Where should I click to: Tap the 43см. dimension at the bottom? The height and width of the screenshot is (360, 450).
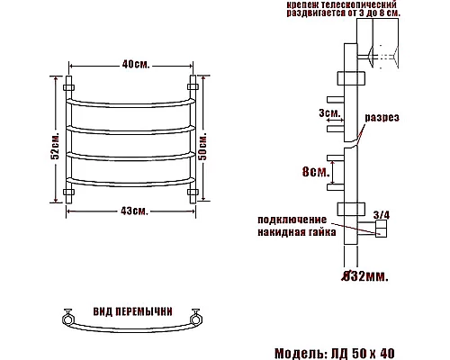[135, 211]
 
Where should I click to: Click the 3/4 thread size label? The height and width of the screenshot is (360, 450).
[381, 213]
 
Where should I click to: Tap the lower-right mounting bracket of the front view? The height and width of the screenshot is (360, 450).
[193, 192]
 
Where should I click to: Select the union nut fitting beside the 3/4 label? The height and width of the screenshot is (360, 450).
[381, 229]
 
